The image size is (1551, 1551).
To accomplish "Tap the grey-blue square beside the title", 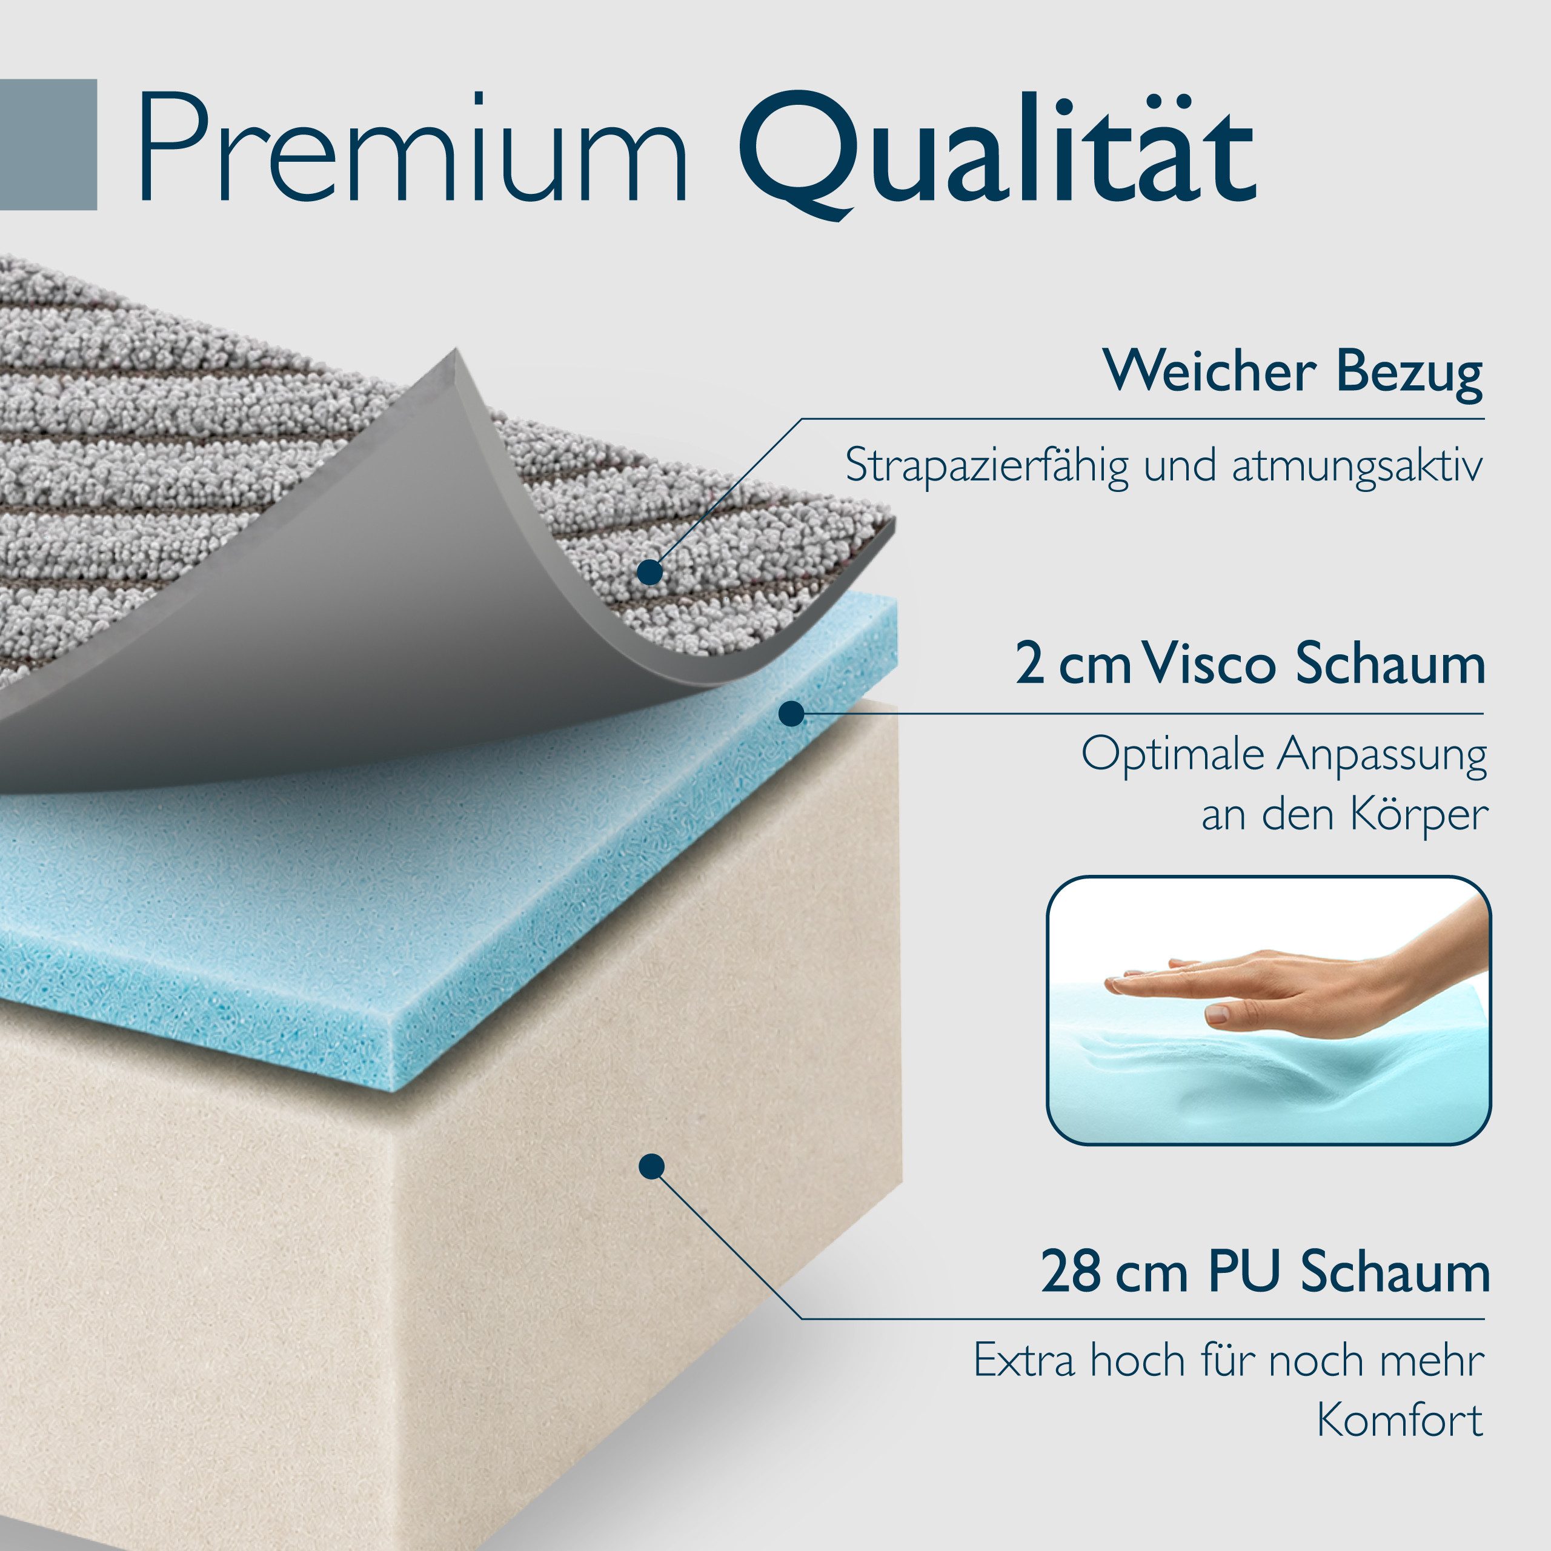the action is [x=48, y=145].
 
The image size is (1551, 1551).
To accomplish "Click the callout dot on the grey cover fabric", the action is [x=650, y=573].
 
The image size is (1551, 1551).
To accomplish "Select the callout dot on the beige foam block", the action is [x=652, y=1166].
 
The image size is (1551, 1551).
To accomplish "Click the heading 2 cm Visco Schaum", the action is [x=1250, y=664].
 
